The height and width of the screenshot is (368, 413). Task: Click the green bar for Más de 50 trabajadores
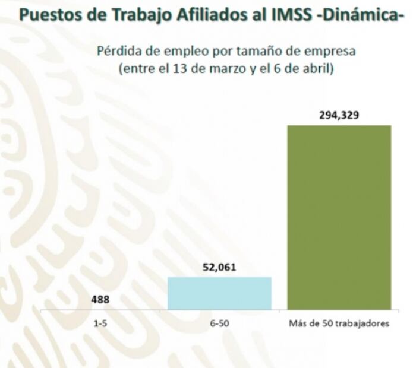pos(339,217)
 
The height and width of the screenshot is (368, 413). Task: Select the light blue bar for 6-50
pos(219,293)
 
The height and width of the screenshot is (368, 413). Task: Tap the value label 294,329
pos(339,115)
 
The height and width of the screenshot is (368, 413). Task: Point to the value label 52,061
pos(219,267)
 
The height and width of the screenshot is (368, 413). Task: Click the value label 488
pos(100,300)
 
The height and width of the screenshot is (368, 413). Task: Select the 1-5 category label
pos(100,323)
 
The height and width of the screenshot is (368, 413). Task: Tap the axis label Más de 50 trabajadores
pos(339,323)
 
